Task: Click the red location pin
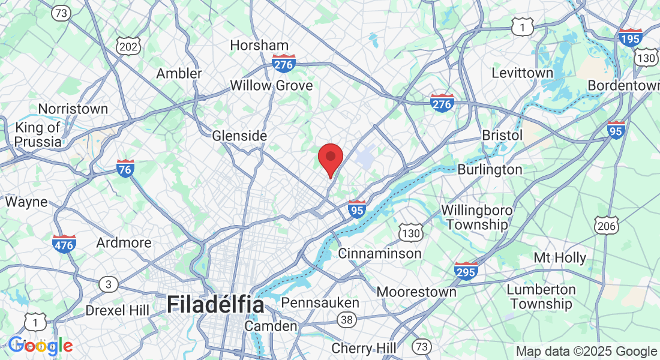(x=330, y=159)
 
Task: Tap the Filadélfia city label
(x=215, y=304)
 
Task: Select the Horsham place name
(x=259, y=45)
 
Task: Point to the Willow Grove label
(x=271, y=86)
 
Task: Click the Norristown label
(x=73, y=109)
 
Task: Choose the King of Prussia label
(x=38, y=134)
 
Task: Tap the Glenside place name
(x=239, y=136)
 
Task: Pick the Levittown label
(x=522, y=73)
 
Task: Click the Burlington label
(x=490, y=170)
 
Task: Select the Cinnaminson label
(x=380, y=253)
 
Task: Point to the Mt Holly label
(x=560, y=258)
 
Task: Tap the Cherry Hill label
(x=364, y=348)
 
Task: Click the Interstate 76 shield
(x=125, y=168)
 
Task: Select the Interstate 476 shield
(x=64, y=244)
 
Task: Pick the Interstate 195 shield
(x=630, y=37)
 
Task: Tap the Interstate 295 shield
(x=466, y=271)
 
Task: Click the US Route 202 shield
(x=129, y=46)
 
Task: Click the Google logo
(x=40, y=346)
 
